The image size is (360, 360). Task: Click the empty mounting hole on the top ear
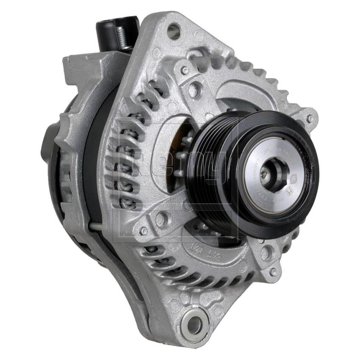[173, 30]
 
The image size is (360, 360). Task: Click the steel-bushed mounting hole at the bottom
[193, 324]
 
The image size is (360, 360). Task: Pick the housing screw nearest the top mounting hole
[186, 70]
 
